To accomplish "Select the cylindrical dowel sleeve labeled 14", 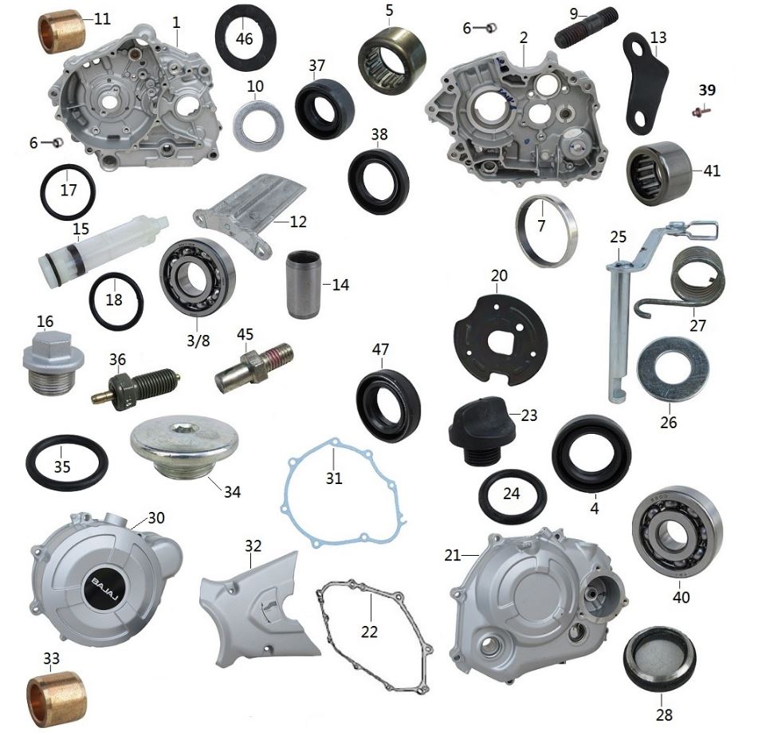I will [303, 284].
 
